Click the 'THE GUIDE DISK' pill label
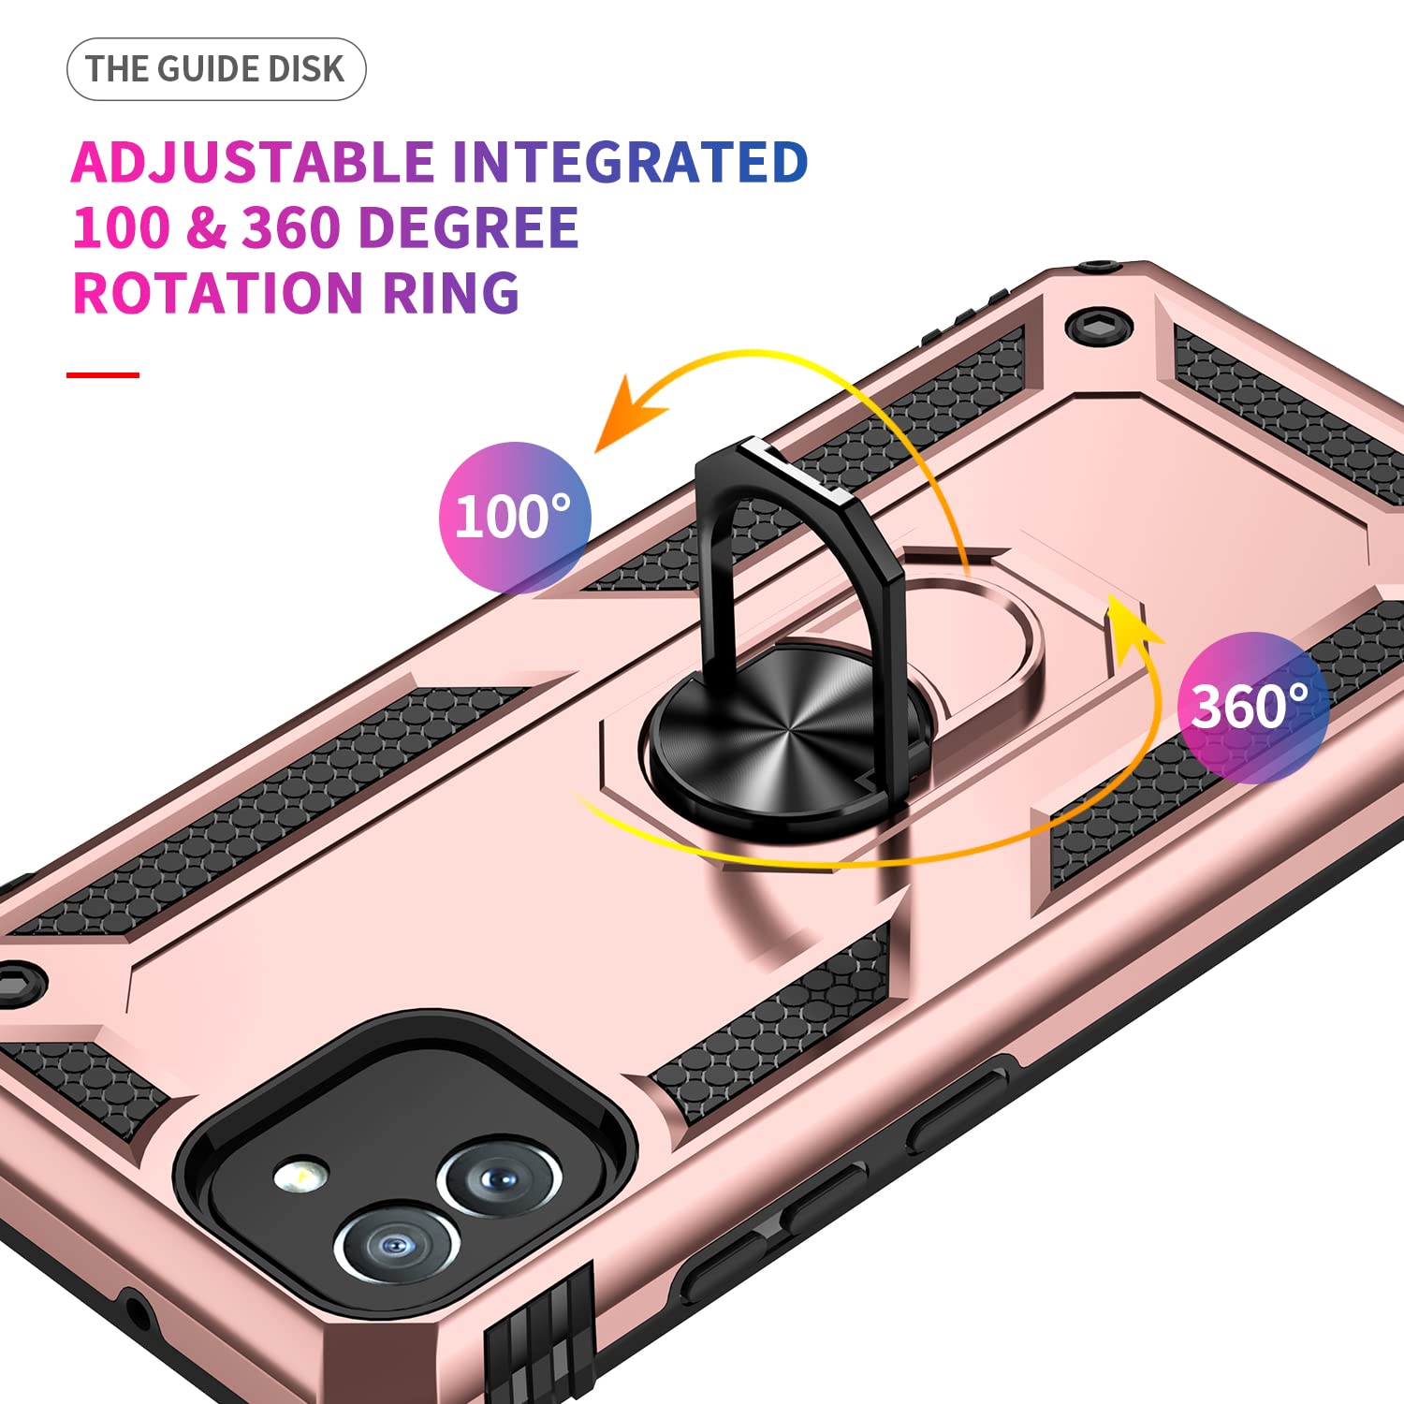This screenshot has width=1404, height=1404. point(216,69)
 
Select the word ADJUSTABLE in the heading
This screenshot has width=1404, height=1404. point(253,163)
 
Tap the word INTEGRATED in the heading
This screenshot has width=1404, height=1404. point(630,163)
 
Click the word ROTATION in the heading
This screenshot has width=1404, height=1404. point(217,294)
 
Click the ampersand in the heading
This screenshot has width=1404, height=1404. point(206,228)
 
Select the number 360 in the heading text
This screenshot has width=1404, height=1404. point(291,228)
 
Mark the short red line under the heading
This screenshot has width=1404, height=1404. point(103,374)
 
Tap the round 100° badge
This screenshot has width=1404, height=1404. point(515,517)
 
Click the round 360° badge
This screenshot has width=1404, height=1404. point(1252,708)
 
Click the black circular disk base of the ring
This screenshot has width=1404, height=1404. point(786,730)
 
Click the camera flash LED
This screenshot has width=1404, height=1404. point(301,1175)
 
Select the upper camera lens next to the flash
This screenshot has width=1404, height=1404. point(500,1177)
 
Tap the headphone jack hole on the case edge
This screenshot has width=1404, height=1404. point(137,1314)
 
